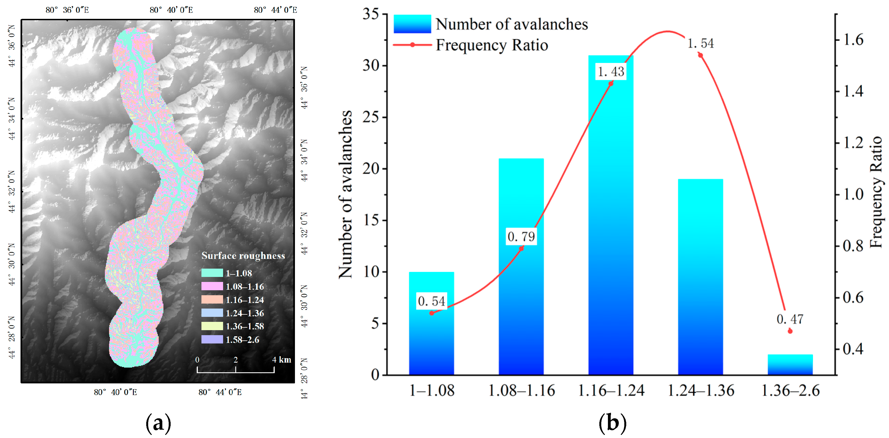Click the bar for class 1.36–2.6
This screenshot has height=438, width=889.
(x=790, y=365)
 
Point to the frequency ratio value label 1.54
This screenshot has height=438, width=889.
(x=700, y=44)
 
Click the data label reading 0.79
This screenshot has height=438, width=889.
(x=521, y=236)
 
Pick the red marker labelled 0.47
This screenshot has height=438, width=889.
(x=790, y=331)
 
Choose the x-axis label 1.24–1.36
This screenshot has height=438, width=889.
(x=701, y=391)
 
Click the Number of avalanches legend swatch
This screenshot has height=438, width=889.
(x=412, y=24)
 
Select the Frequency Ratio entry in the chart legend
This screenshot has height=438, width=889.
(x=491, y=45)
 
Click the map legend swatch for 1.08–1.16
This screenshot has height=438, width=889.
(x=212, y=286)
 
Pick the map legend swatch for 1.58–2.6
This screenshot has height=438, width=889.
(x=212, y=339)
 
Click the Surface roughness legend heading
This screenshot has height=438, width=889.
(x=243, y=256)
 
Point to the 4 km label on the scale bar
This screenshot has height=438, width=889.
(x=281, y=360)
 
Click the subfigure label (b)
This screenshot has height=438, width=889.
(x=612, y=422)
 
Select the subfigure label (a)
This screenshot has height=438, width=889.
(x=158, y=422)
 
